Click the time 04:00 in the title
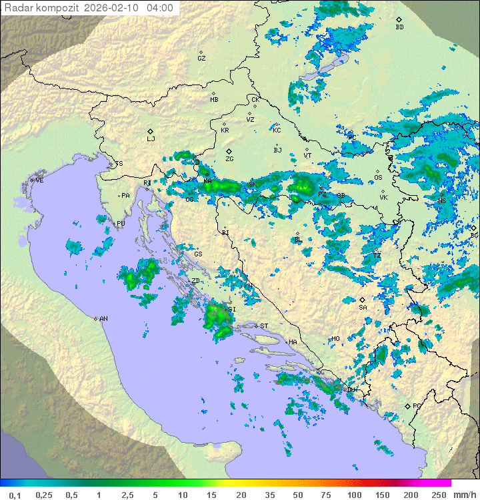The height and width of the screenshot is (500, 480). (160, 8)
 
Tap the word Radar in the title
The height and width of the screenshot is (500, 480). (18, 8)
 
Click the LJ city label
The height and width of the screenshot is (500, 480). (151, 138)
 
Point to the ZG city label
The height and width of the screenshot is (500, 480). (229, 158)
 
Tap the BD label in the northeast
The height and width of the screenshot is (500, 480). (399, 27)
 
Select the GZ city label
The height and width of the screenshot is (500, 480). (201, 58)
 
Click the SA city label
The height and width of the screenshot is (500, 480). (363, 307)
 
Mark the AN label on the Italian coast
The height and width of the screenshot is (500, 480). (103, 319)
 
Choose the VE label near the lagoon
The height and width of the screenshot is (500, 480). (39, 180)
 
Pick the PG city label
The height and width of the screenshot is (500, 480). (417, 405)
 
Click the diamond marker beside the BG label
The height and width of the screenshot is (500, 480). (474, 228)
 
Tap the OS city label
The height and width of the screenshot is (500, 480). (378, 177)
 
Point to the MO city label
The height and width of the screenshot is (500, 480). (335, 339)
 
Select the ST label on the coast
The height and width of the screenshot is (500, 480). (263, 326)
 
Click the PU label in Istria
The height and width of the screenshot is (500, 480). (121, 224)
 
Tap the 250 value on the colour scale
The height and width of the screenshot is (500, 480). (439, 495)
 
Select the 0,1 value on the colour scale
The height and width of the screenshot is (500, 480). (15, 495)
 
